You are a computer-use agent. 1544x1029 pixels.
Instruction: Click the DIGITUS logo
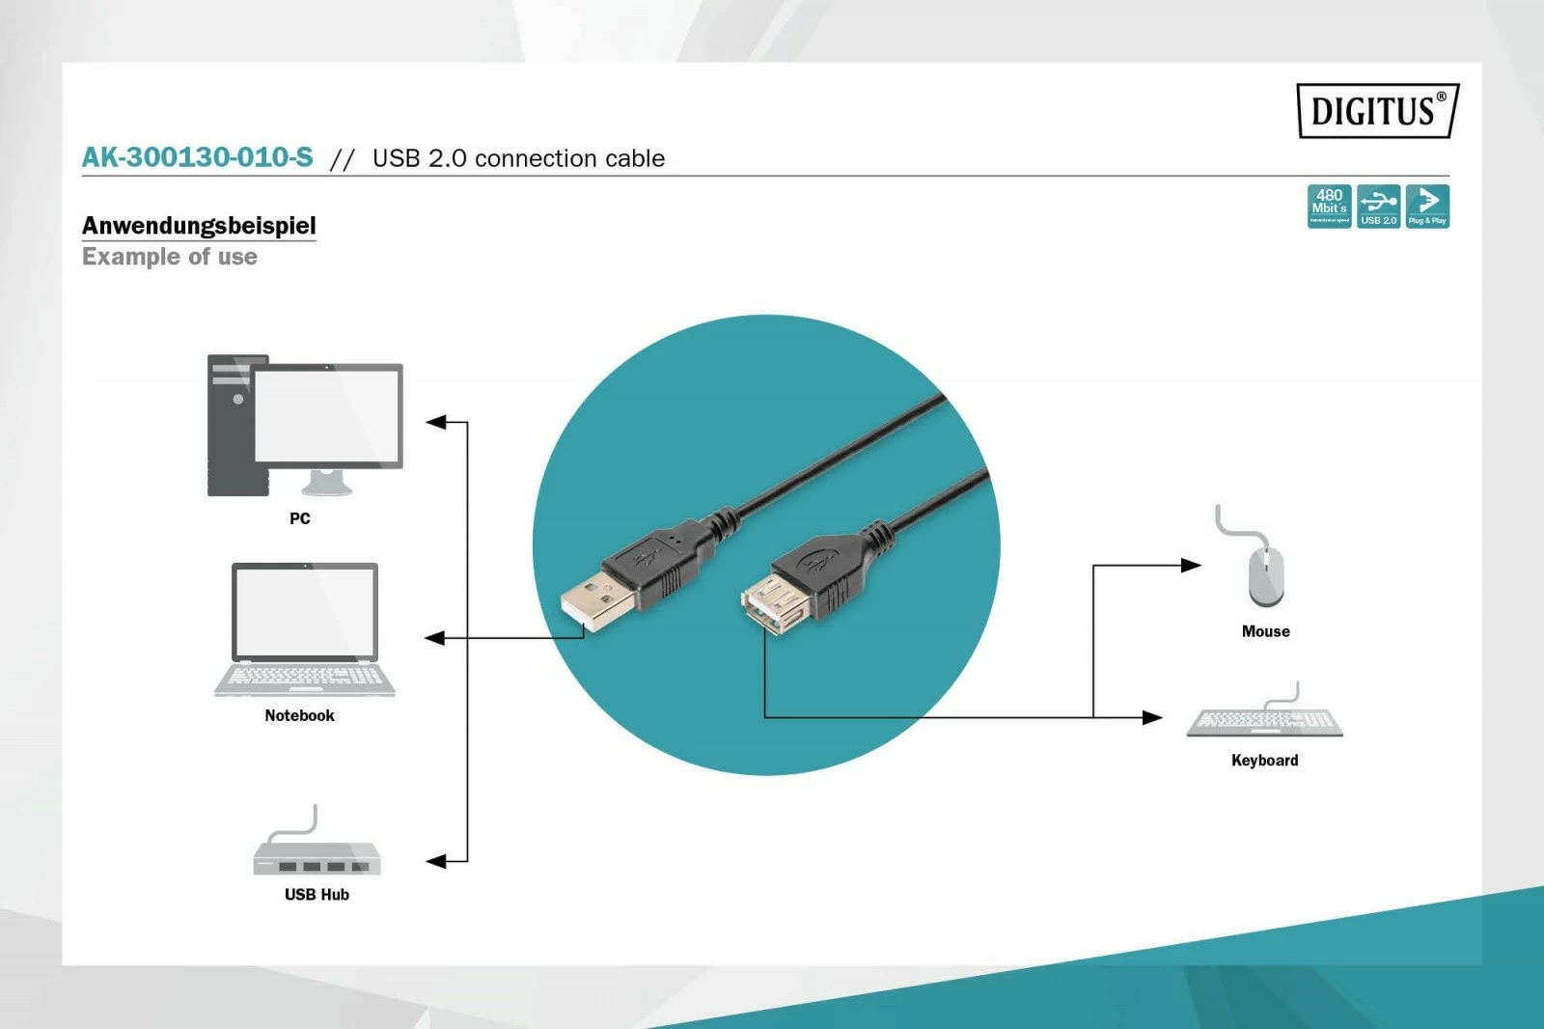(1377, 111)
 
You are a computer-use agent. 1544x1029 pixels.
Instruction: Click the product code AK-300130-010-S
(198, 157)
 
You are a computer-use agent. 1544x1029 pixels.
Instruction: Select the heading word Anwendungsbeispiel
(199, 226)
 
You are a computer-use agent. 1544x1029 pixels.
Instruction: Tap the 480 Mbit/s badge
(1329, 207)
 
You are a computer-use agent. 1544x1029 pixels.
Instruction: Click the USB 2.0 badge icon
(1378, 207)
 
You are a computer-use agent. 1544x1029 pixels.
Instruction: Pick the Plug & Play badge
(1427, 207)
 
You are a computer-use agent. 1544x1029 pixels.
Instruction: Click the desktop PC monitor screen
(327, 415)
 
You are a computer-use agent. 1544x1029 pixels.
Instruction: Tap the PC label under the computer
(300, 518)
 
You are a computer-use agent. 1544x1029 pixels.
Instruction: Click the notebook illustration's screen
(305, 612)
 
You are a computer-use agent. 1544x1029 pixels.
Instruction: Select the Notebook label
(299, 715)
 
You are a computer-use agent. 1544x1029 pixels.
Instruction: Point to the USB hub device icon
(317, 855)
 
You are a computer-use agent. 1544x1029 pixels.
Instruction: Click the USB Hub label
(317, 895)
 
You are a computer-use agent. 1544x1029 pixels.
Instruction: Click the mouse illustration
(1265, 575)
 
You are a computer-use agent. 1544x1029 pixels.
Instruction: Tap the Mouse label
(1265, 631)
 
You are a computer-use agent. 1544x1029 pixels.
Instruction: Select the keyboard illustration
(1264, 722)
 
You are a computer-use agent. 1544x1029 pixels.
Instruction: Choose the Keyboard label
(1264, 761)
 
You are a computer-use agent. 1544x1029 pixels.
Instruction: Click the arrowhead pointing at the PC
(436, 422)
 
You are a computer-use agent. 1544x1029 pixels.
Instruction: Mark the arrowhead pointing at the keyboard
(1152, 717)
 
